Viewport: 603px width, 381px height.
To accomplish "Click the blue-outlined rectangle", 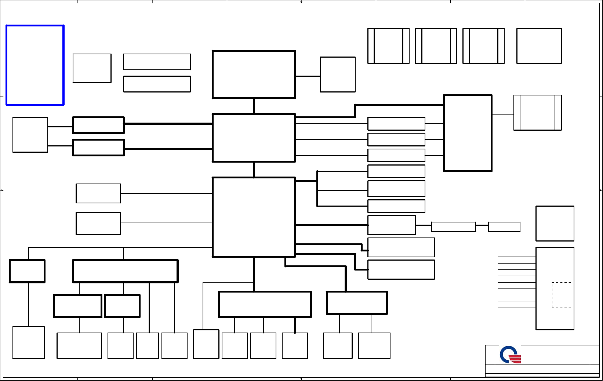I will pos(35,65).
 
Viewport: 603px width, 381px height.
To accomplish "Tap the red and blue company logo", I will pos(510,355).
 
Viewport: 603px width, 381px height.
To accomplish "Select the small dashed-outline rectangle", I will pos(561,295).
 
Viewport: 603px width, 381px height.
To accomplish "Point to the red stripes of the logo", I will pos(515,359).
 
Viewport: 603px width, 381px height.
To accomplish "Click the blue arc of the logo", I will pos(505,353).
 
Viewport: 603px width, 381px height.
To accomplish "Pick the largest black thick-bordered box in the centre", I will pos(254,217).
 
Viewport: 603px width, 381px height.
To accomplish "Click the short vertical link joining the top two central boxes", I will pos(254,106).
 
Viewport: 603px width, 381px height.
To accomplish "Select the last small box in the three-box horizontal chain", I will pos(504,227).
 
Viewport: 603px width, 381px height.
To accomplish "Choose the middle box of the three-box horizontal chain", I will pos(453,227).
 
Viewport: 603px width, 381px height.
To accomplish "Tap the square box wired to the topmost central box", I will pos(338,75).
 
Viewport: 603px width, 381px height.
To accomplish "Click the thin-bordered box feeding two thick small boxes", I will pos(30,135).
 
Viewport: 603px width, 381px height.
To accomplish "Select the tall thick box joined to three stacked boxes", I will pos(468,133).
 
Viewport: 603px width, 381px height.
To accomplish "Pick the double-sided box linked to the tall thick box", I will pos(537,113).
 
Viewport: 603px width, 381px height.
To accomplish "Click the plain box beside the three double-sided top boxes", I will pos(539,46).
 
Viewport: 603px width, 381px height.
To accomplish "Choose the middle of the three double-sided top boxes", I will pos(436,46).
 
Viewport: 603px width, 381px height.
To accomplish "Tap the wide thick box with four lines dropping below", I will pos(125,271).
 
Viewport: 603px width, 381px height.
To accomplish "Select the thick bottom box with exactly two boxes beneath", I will pos(357,303).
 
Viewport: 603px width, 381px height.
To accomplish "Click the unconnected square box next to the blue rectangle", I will pos(92,68).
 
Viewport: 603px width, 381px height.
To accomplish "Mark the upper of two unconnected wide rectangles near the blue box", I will pos(157,62).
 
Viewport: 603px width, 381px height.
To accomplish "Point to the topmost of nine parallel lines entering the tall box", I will pos(516,257).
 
